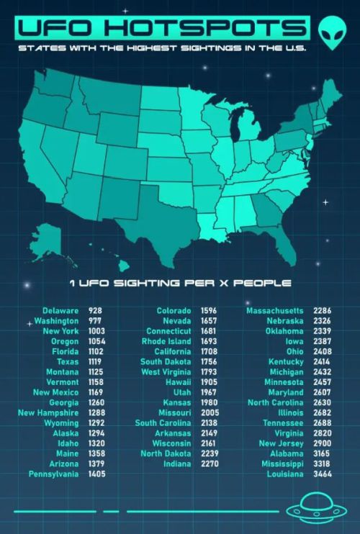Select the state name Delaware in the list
pos(61,310)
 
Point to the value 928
pos(95,310)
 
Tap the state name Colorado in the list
pos(174,310)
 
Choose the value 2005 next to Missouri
pos(212,413)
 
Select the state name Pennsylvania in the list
pos(54,474)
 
